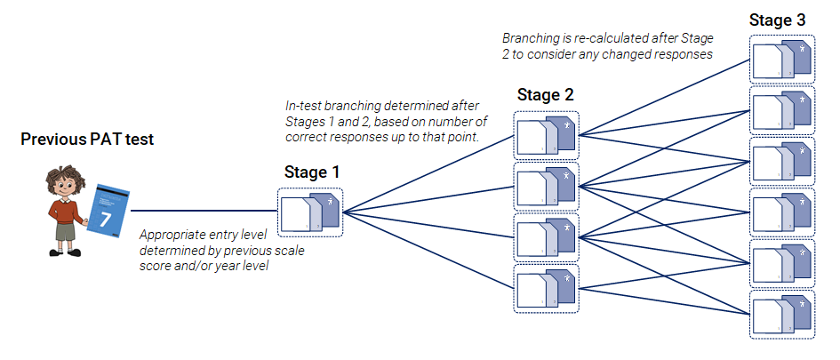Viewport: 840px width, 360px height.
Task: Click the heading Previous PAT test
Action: (x=86, y=140)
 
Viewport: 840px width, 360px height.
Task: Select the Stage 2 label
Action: (x=545, y=95)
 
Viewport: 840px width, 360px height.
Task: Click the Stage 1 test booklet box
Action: (x=310, y=212)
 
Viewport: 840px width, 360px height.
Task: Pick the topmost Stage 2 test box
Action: (x=546, y=135)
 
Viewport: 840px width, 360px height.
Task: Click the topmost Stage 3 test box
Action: (x=780, y=59)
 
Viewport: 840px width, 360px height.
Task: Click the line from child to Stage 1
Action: (x=204, y=212)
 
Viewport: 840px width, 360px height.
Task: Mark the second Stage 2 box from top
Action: (x=546, y=186)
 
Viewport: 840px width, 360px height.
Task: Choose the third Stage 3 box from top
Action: (x=780, y=161)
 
